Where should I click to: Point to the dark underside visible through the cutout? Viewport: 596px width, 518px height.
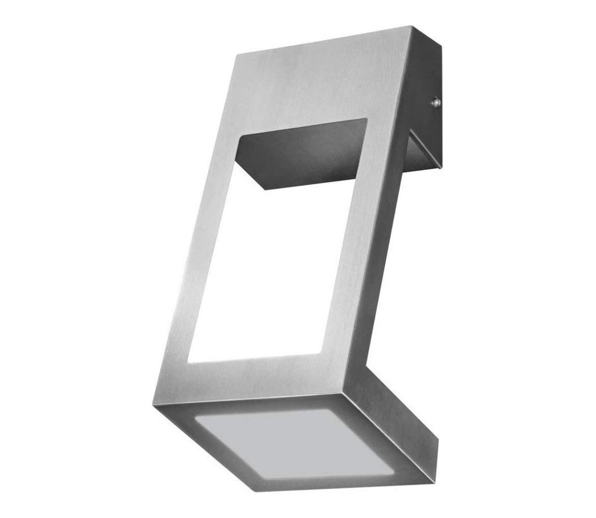301,153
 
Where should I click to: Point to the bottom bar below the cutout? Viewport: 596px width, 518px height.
254,378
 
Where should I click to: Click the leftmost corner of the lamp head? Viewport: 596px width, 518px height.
154,404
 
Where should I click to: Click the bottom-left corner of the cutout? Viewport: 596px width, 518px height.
188,361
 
